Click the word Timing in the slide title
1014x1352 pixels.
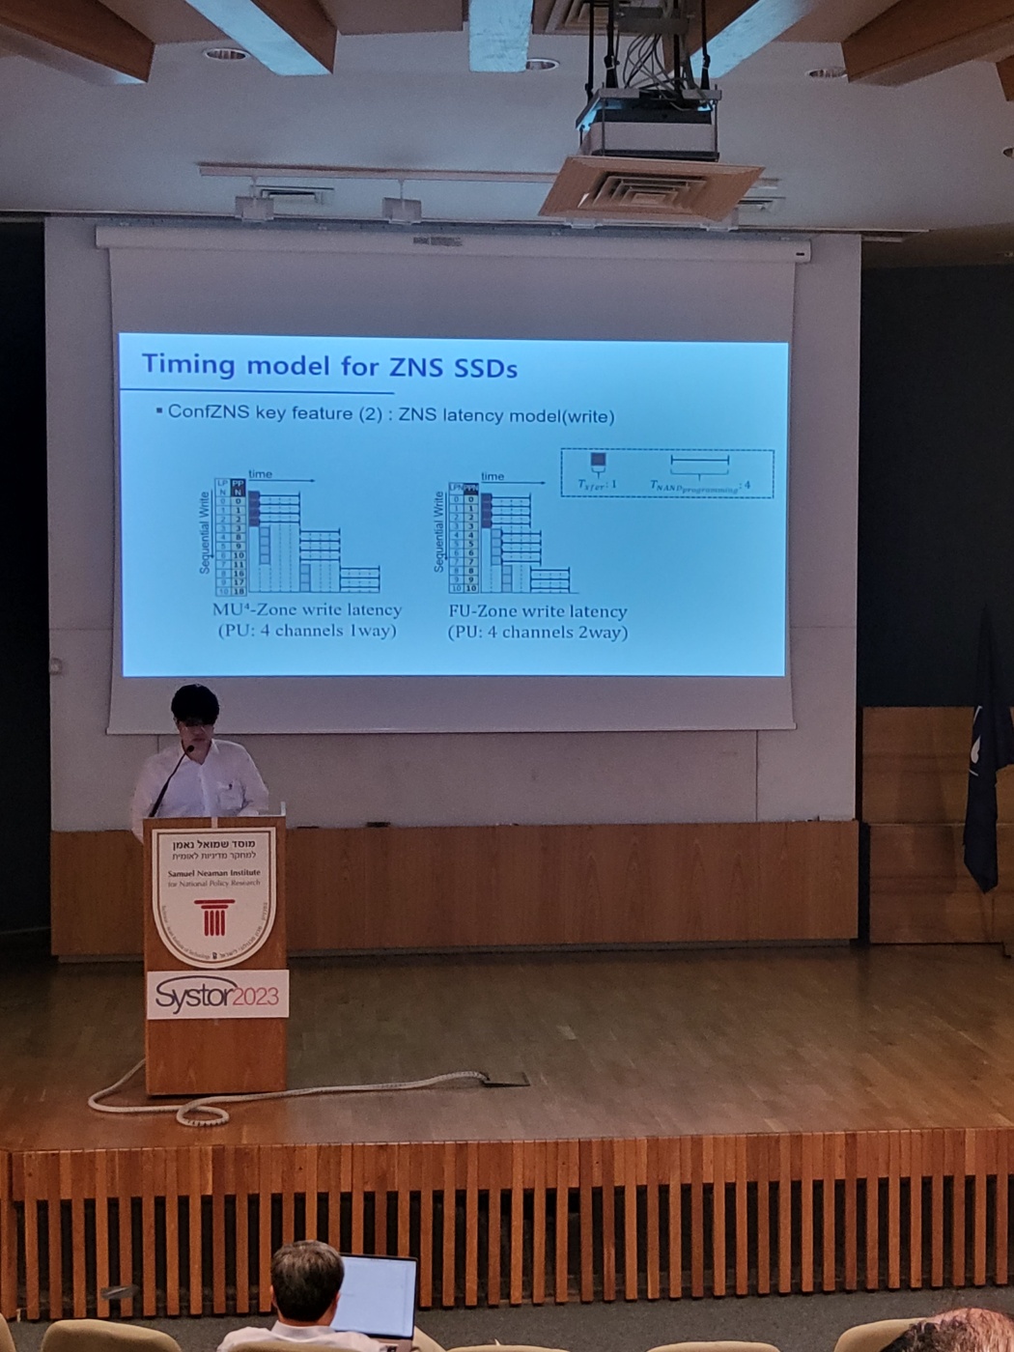[188, 364]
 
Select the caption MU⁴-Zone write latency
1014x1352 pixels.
[306, 610]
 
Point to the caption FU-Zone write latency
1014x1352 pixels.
[538, 611]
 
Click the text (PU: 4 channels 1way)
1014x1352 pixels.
[307, 631]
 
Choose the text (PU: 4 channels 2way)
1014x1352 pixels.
[538, 633]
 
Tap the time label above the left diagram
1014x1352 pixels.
[260, 474]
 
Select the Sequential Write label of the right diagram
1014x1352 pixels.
[438, 531]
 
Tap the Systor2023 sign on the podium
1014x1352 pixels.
[217, 995]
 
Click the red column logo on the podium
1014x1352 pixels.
[213, 917]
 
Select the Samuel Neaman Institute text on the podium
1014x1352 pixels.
[214, 873]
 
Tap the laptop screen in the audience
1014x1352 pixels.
[376, 1294]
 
